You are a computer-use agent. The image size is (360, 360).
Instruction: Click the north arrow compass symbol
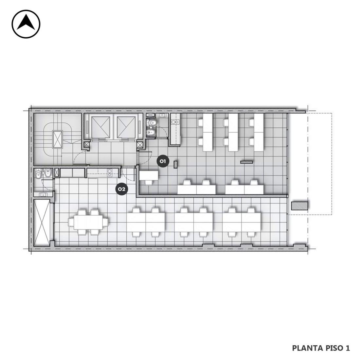point(26,24)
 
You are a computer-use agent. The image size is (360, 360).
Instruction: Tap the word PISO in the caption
point(334,348)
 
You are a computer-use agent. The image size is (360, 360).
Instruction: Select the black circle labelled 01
point(163,161)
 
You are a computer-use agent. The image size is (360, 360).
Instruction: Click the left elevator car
point(101,127)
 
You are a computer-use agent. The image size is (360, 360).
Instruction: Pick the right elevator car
point(126,127)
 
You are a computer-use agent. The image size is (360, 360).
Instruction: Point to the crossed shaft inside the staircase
point(57,139)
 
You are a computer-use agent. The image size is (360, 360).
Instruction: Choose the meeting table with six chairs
point(88,222)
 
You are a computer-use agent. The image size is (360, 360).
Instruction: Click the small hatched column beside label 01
point(175,165)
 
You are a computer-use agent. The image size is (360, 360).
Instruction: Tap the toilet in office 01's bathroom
point(152,123)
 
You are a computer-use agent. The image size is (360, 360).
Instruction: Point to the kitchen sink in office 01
point(175,122)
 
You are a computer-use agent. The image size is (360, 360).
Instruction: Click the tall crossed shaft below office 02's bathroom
point(42,223)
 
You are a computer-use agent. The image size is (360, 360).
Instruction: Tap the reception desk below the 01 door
point(149,175)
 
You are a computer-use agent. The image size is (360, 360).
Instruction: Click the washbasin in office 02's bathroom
point(43,194)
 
